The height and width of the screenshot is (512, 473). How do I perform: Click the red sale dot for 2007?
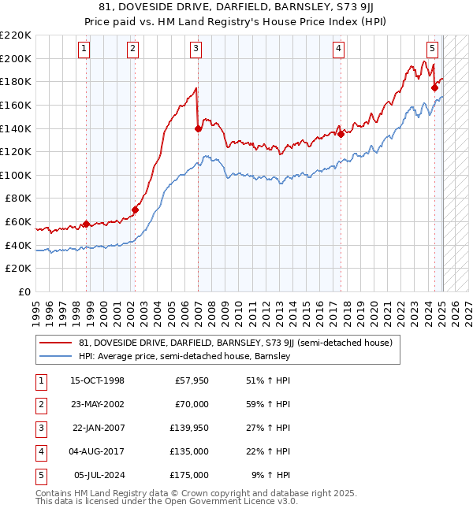point(198,129)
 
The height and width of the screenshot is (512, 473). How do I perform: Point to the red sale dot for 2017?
point(341,134)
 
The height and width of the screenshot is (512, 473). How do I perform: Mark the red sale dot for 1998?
point(86,224)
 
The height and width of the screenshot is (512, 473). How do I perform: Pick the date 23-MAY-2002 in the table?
point(97,404)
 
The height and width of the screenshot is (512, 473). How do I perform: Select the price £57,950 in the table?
point(188,380)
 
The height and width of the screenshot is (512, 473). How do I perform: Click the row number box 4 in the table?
point(40,451)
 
